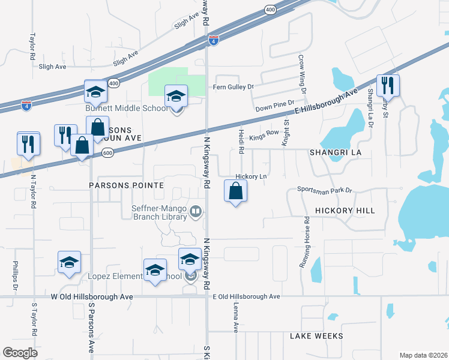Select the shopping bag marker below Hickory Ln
235,192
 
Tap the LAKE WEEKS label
316,336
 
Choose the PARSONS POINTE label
126,185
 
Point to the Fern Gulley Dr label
234,87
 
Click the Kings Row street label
265,132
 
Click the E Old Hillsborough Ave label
247,296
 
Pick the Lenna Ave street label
236,316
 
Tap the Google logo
20,353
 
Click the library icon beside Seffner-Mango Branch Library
196,211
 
